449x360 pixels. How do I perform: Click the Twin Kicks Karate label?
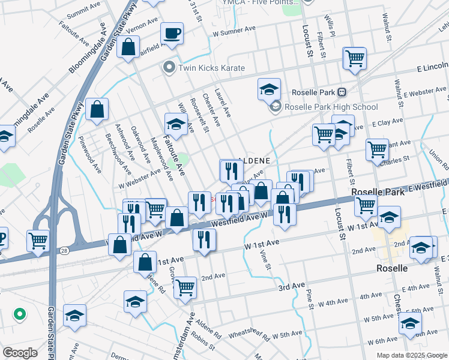211,68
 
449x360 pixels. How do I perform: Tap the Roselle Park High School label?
331,107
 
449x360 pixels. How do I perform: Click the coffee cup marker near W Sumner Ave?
172,34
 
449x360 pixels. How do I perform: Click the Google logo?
20,353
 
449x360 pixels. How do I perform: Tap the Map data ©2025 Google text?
411,355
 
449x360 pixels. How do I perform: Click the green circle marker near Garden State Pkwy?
19,313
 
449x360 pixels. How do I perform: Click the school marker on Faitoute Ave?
175,125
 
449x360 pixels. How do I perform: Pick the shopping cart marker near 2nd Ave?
185,287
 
